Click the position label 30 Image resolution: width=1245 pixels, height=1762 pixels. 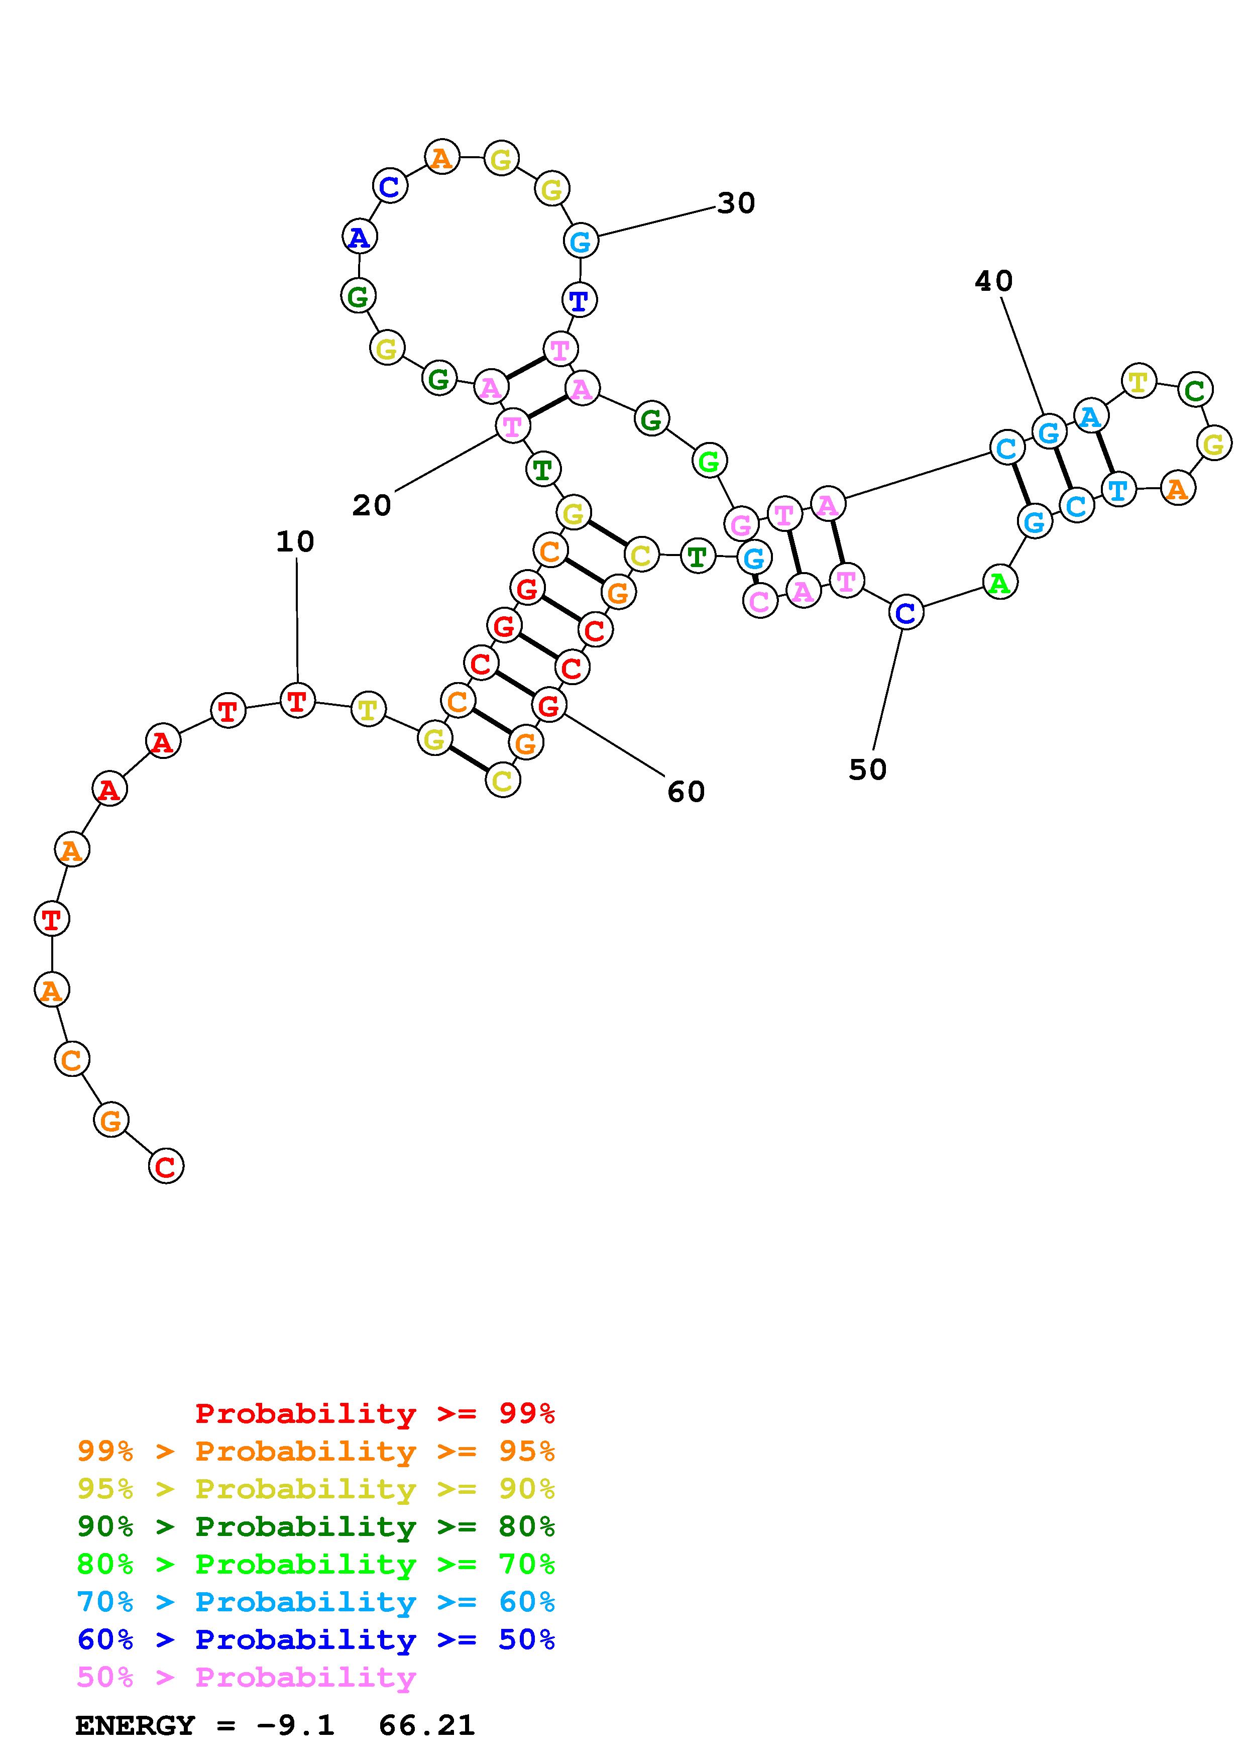click(736, 203)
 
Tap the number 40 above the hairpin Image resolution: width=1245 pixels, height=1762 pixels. click(993, 282)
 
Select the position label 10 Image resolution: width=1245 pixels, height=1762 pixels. click(295, 542)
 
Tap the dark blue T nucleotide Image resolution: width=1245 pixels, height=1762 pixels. click(579, 299)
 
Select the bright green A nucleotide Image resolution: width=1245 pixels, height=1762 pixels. click(999, 583)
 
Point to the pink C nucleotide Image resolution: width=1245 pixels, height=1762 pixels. click(759, 601)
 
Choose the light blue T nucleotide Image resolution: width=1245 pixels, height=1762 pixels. click(1117, 489)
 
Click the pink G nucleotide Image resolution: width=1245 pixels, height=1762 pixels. click(741, 524)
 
